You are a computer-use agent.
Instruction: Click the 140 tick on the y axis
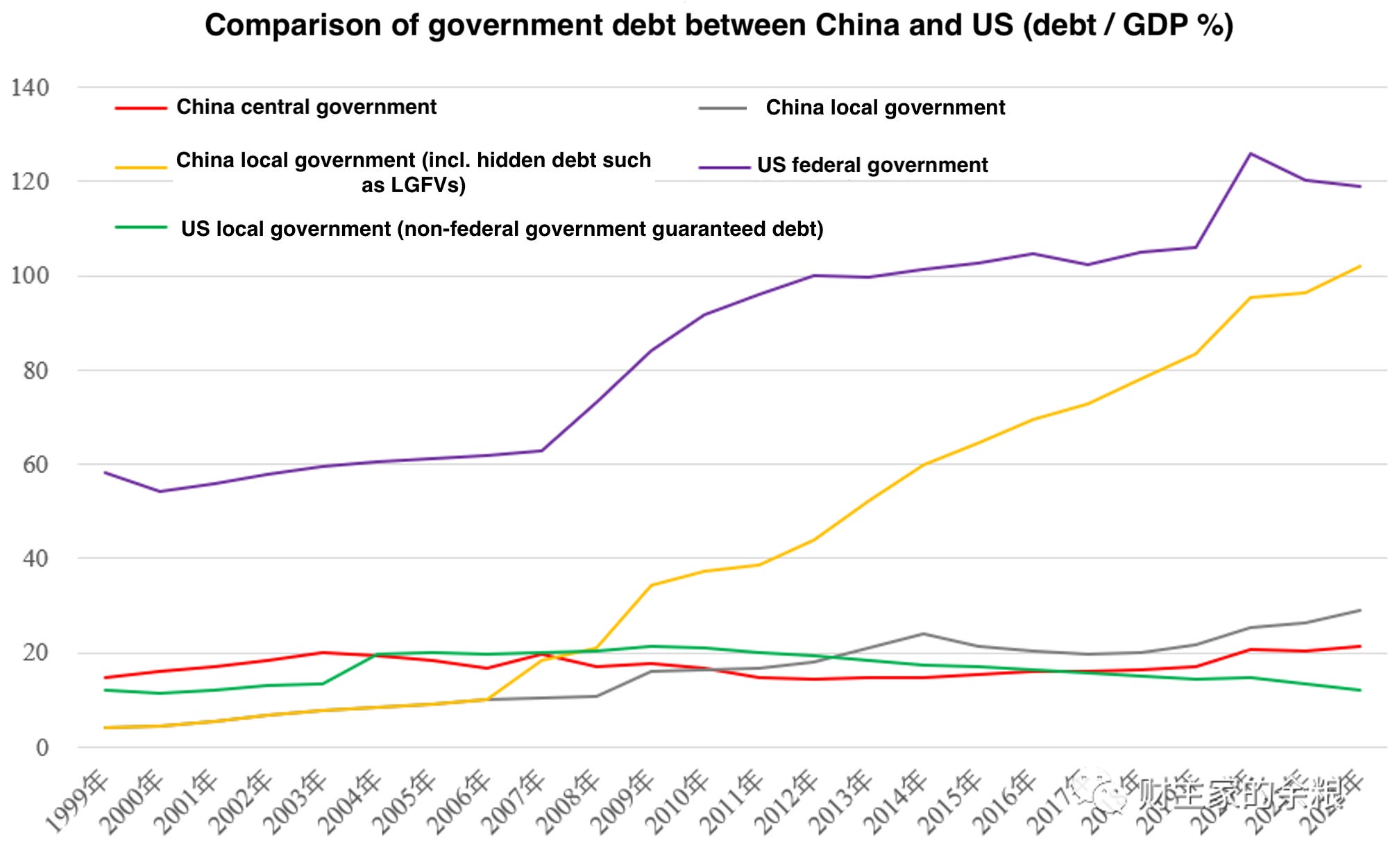(30, 88)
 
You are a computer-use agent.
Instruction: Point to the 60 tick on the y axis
(35, 465)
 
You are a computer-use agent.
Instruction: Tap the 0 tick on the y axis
(42, 748)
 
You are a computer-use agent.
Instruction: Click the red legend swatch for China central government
(141, 108)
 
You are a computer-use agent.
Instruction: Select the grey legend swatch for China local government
(722, 108)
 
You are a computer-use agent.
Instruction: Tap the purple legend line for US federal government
(724, 167)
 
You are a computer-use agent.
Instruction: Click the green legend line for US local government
(141, 227)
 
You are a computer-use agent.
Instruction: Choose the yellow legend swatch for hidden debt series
(141, 167)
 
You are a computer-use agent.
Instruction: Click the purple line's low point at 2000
(160, 491)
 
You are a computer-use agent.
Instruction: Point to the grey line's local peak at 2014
(923, 633)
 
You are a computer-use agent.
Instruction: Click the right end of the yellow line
(1360, 266)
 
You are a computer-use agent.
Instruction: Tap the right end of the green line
(1360, 690)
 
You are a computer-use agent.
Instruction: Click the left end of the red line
(105, 677)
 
